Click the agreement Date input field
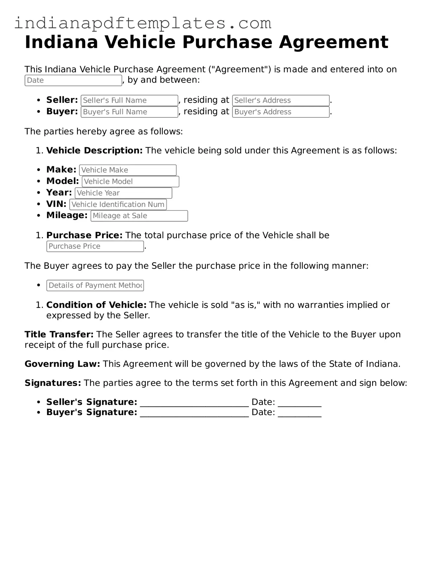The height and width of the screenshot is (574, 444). point(73,81)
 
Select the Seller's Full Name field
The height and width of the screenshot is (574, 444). point(129,100)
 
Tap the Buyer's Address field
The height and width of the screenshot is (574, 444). point(281,112)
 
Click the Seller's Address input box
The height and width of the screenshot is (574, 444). point(281,100)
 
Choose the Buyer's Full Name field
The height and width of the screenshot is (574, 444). point(129,112)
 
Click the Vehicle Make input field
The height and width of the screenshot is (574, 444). point(128,170)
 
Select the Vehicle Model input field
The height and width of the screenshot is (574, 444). point(130,182)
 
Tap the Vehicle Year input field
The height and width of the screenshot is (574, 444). point(123,193)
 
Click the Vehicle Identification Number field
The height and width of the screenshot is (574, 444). point(118,205)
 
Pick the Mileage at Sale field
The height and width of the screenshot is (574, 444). point(139,216)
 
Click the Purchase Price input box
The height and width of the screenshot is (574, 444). point(95,246)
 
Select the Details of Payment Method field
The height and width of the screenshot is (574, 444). point(95,286)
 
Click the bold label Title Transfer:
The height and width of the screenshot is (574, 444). point(59,335)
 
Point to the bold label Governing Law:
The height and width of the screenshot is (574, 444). point(62,364)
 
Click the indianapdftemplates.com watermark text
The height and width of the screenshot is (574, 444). point(143,24)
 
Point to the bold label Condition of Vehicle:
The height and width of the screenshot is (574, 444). point(96,305)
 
